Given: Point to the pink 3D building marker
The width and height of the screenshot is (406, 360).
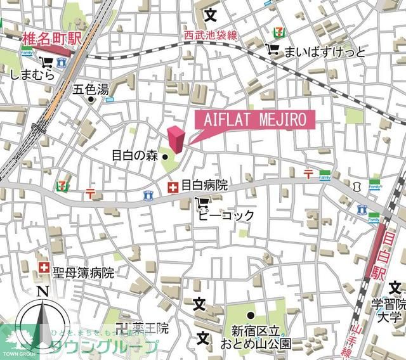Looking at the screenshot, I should (x=176, y=139).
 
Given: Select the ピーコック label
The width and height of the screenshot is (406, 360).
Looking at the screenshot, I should (x=226, y=215).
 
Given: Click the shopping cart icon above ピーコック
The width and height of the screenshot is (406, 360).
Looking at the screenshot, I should (x=202, y=203).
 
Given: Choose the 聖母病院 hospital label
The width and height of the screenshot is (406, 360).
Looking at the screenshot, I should (x=83, y=273).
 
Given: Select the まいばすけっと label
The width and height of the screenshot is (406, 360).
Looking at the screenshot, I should (x=325, y=51).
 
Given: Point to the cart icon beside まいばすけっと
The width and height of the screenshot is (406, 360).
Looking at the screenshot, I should (x=273, y=50).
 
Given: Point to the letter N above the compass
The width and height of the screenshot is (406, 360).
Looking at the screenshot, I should (x=43, y=292).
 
